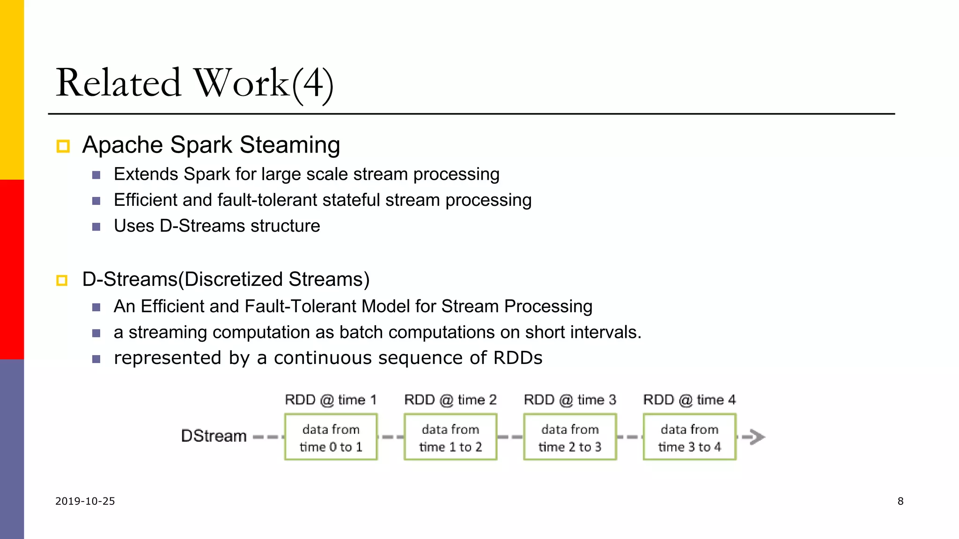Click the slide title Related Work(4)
coord(194,83)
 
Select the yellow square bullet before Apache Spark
coord(63,146)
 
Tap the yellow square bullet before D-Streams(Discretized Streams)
coord(62,280)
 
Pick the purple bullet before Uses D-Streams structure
coord(96,227)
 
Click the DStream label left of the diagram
coord(214,436)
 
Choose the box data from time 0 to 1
coord(331,437)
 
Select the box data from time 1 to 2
coord(450,437)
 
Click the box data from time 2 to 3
coord(570,437)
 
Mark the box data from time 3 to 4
coord(689,437)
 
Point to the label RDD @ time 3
coord(570,400)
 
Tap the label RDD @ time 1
coord(331,400)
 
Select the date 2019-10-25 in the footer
coord(85,501)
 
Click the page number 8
coord(900,501)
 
